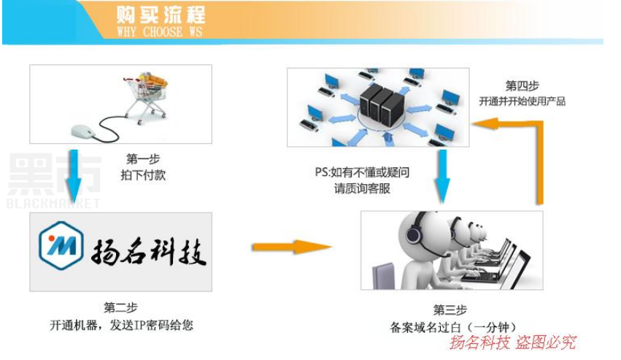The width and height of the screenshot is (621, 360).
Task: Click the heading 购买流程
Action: point(161,15)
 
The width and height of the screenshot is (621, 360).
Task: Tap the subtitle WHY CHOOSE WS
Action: point(160,32)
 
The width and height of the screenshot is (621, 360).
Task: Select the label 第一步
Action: point(143,159)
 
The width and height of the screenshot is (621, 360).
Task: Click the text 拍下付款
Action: point(143,175)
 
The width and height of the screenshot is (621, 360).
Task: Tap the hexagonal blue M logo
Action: point(61,245)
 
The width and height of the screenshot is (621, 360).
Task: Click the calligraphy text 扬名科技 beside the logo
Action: point(149,252)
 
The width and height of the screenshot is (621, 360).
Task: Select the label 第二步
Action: point(120,307)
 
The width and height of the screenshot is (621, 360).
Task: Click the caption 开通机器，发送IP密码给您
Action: point(121,325)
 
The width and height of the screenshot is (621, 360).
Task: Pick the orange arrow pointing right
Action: point(292,247)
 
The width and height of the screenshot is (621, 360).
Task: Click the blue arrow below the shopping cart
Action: point(73,176)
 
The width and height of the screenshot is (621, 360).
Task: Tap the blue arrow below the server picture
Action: point(442,177)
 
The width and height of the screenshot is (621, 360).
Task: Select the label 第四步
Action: point(522,85)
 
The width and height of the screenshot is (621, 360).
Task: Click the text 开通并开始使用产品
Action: point(522,102)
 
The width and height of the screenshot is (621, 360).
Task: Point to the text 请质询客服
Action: point(362,188)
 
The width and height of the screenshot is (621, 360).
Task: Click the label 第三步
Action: point(450,310)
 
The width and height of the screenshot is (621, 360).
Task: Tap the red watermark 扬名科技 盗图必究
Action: point(512,342)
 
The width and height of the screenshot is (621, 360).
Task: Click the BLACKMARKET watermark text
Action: point(53,204)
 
